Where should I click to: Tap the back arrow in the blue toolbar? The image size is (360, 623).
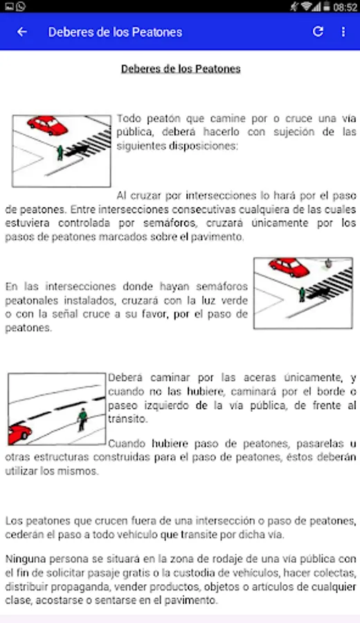22,32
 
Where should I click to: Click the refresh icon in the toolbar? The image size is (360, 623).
318,31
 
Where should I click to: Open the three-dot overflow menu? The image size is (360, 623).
343,32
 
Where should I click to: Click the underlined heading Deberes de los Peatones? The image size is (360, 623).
181,69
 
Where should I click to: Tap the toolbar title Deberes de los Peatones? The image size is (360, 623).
115,32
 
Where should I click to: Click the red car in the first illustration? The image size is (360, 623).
48,125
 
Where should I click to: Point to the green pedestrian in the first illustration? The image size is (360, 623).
60,152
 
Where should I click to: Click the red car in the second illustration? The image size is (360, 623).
289,267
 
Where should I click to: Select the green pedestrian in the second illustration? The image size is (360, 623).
302,294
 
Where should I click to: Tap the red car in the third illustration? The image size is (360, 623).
19,434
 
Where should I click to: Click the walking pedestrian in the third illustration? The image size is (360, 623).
82,419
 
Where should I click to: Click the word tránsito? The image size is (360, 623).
127,419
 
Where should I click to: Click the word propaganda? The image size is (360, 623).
97,587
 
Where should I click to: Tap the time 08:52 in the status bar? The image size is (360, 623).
345,7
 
